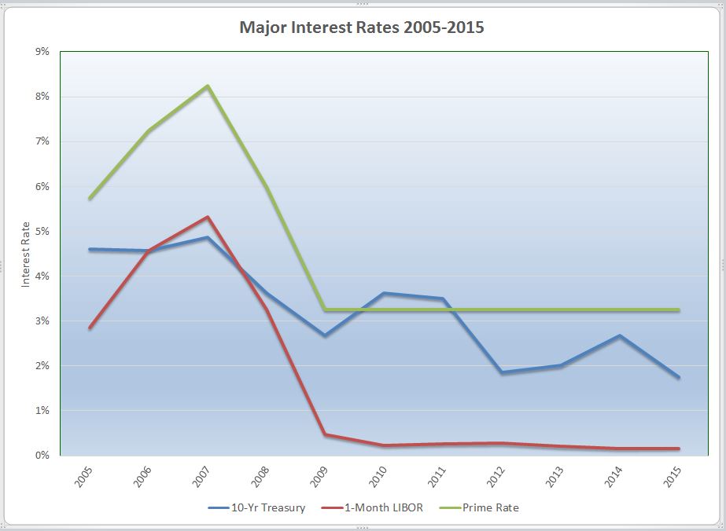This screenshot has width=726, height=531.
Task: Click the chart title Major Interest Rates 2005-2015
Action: click(x=362, y=28)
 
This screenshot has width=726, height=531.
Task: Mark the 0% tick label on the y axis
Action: click(x=42, y=456)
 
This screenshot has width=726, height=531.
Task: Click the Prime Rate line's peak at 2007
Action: click(x=208, y=86)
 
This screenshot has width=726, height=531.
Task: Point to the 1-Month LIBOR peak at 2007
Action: click(x=208, y=217)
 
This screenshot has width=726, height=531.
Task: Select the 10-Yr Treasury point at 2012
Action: click(x=502, y=372)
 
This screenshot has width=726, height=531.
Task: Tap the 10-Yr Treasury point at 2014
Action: click(x=620, y=336)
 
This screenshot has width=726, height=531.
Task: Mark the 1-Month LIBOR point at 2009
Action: click(x=325, y=434)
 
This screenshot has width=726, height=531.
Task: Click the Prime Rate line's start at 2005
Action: click(x=90, y=198)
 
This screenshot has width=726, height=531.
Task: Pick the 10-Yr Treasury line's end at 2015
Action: click(x=678, y=377)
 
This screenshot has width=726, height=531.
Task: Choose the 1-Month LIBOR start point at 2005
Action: click(x=90, y=328)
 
